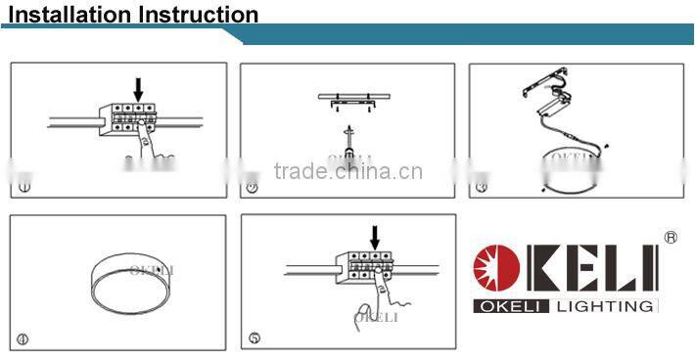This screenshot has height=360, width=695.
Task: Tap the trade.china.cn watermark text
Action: click(347, 174)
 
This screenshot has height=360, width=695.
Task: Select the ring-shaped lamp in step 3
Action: click(573, 171)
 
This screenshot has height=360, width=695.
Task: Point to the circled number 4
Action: click(23, 338)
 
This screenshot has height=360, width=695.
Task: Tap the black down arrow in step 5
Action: click(374, 236)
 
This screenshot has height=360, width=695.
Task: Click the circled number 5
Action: click(254, 338)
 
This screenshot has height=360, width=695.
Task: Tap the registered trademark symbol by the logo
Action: click(671, 237)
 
